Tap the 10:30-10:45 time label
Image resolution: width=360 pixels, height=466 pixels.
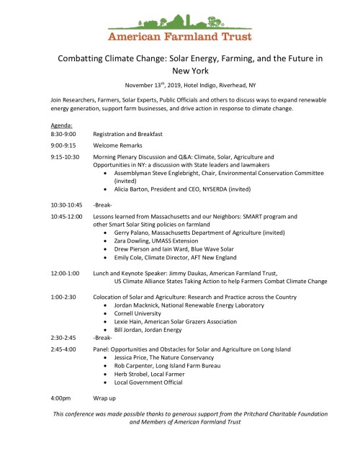[67, 204]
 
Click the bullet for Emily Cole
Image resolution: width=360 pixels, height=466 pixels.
[107, 257]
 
